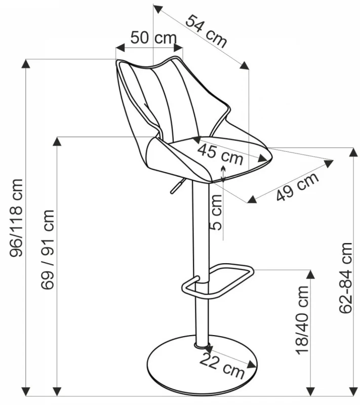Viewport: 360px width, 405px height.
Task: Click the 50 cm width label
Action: coord(153,38)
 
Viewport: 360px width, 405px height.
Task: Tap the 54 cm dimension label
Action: coord(206,31)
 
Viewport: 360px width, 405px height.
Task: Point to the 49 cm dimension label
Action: coord(298,187)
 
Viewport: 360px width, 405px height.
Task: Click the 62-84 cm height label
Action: coord(346,278)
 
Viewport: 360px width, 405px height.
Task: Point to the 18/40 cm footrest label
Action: coord(302,319)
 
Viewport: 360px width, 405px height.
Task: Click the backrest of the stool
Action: coord(162,96)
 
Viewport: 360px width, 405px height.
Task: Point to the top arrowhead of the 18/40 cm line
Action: coord(309,274)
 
